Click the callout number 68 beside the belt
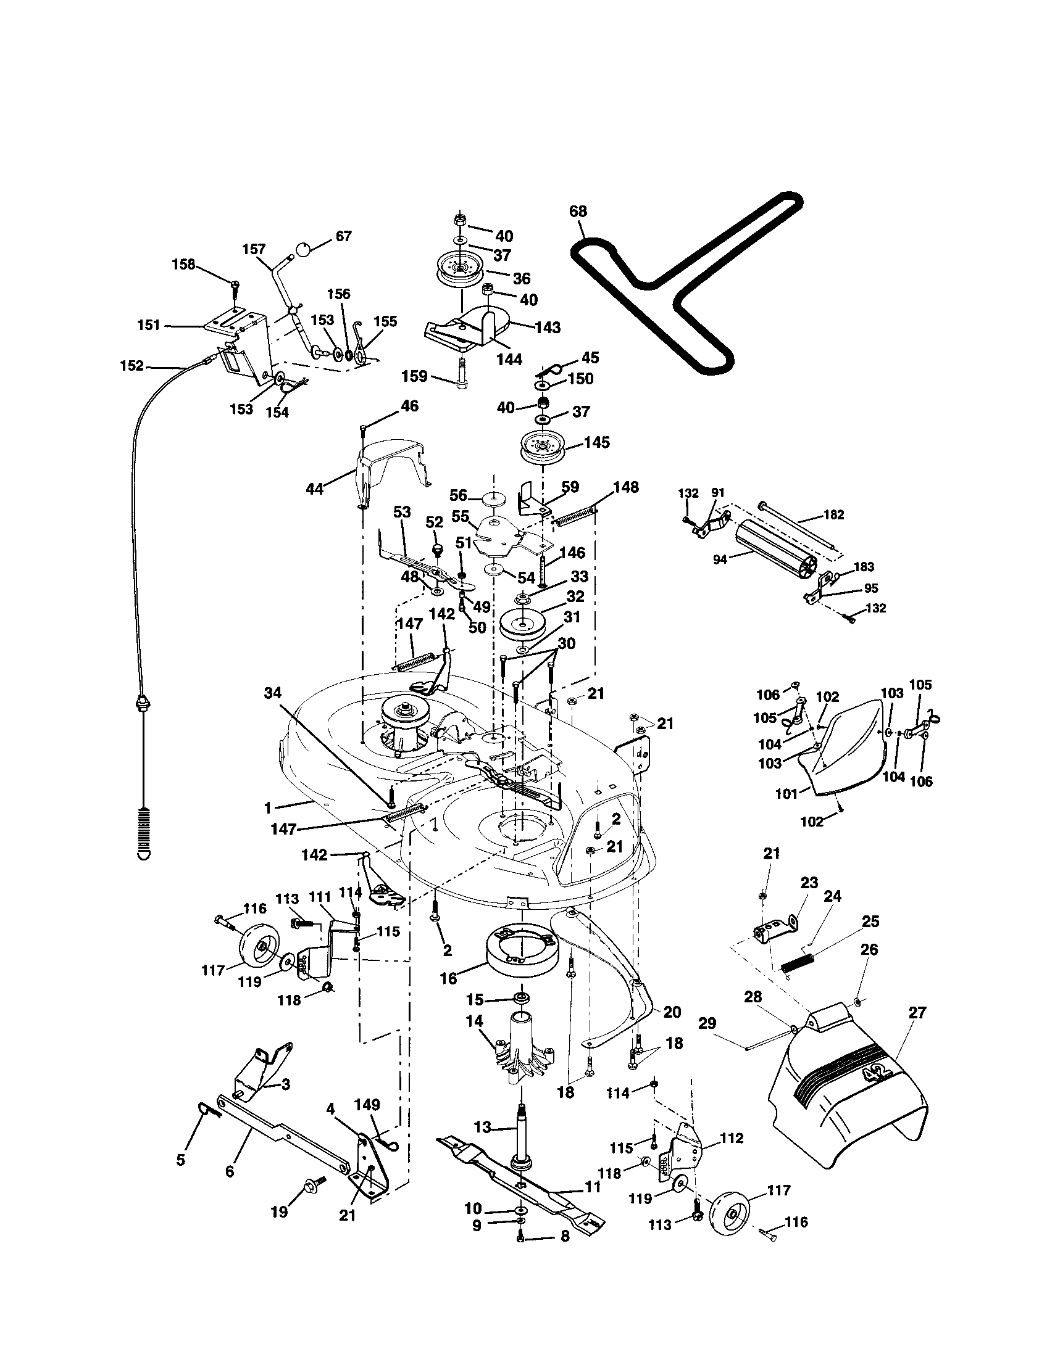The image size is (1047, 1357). click(578, 211)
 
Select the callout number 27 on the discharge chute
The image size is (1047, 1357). click(917, 1013)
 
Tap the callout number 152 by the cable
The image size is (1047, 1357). click(131, 366)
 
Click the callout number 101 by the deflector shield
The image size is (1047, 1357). click(786, 793)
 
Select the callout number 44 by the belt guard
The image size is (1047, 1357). click(315, 489)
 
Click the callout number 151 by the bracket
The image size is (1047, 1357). click(149, 325)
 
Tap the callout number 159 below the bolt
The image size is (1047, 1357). click(414, 375)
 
